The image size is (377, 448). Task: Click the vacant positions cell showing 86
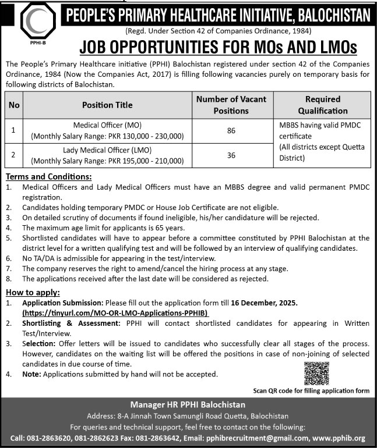231,131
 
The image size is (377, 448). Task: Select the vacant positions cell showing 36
231,155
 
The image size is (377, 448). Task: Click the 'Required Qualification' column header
322,105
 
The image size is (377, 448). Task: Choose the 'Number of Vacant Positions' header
231,105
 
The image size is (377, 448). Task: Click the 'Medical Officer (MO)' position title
107,125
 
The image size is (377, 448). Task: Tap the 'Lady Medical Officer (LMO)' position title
107,150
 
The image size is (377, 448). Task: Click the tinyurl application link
115,312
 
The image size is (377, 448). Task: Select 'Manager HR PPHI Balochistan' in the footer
188,404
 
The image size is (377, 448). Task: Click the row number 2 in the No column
13,155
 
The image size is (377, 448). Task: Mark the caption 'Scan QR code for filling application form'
311,391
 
